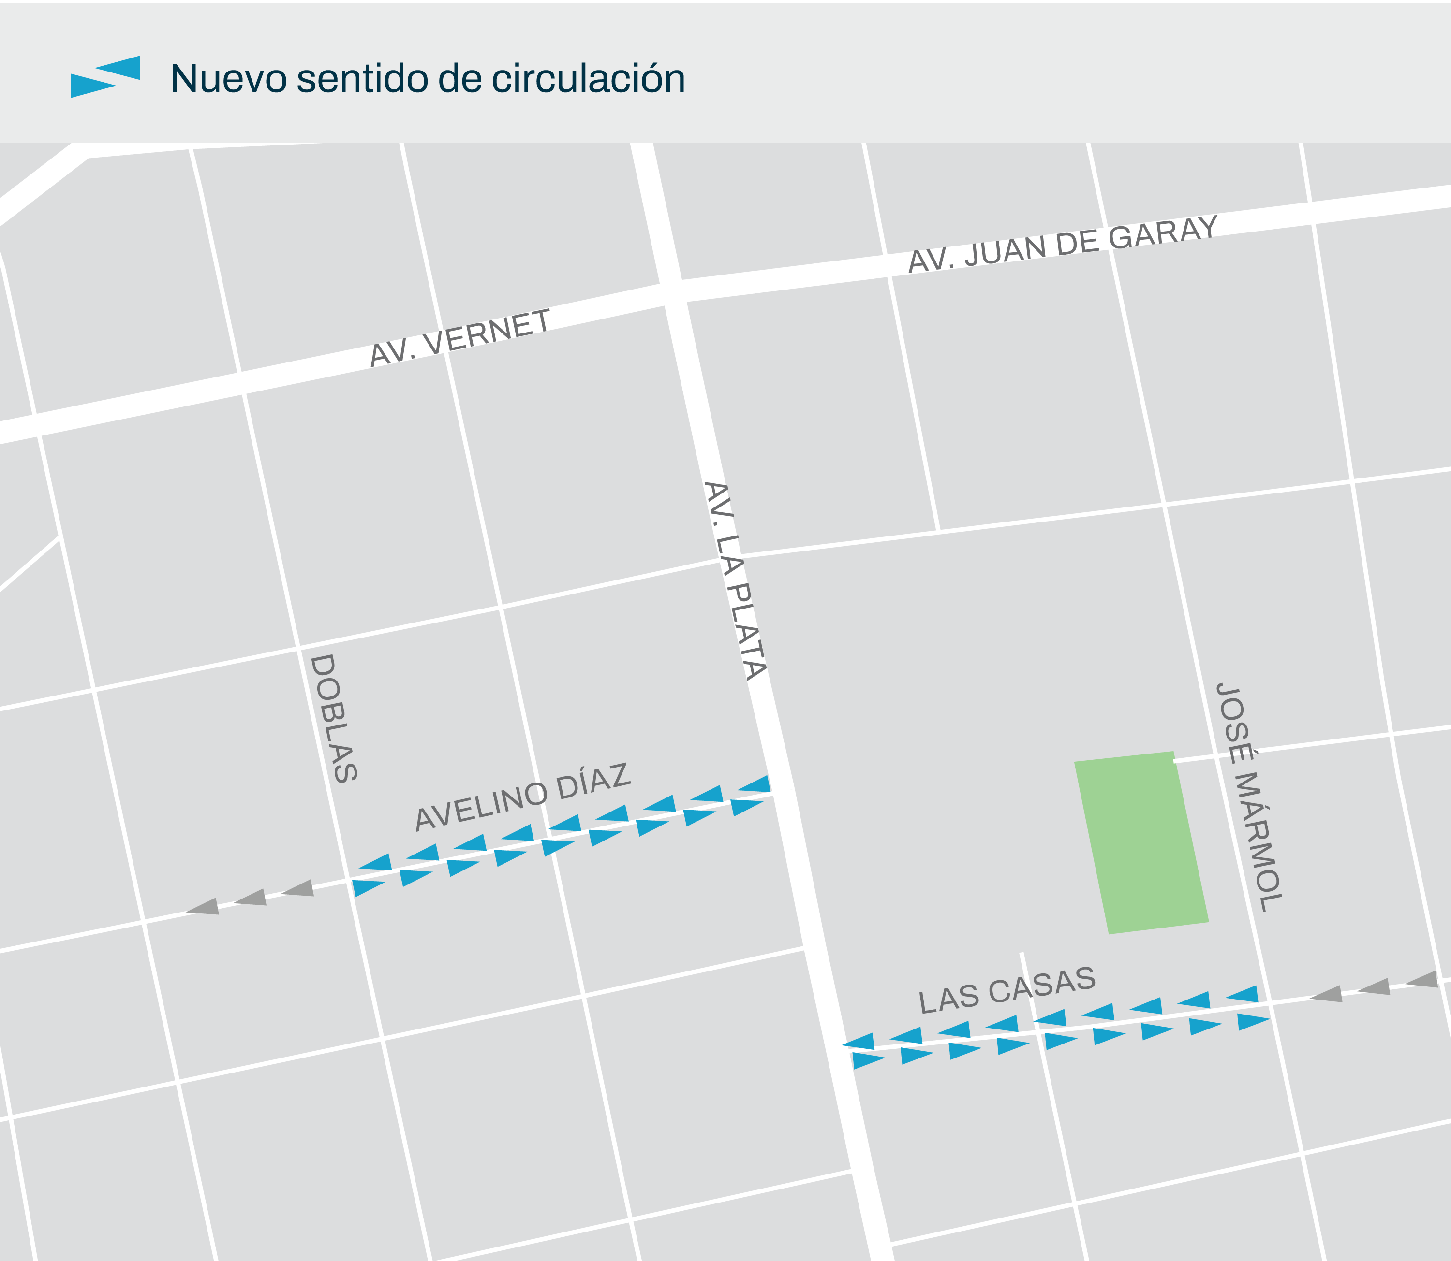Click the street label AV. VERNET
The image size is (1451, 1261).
coord(460,338)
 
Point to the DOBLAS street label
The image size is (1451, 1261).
coord(334,718)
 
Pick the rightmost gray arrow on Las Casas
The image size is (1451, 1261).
coord(1421,980)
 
